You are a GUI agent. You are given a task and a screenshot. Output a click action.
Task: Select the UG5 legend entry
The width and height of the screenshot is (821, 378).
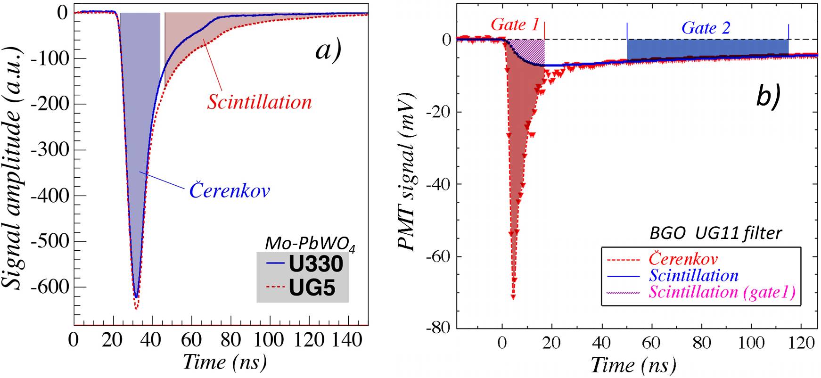coord(312,288)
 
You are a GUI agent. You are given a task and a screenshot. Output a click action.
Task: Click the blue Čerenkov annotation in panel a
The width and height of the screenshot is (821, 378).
coord(230,191)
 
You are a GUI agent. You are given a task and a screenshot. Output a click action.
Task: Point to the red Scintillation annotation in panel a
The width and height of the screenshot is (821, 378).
coord(259,102)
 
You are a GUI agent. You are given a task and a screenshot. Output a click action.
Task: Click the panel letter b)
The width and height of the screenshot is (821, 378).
coord(768,97)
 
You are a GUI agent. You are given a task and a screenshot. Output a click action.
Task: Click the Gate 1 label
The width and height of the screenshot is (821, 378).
coord(515,25)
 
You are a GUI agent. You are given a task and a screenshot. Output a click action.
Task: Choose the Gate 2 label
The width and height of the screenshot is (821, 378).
coord(706,28)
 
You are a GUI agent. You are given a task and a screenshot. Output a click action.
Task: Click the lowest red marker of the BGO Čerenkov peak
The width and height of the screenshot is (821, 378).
coord(513,297)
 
